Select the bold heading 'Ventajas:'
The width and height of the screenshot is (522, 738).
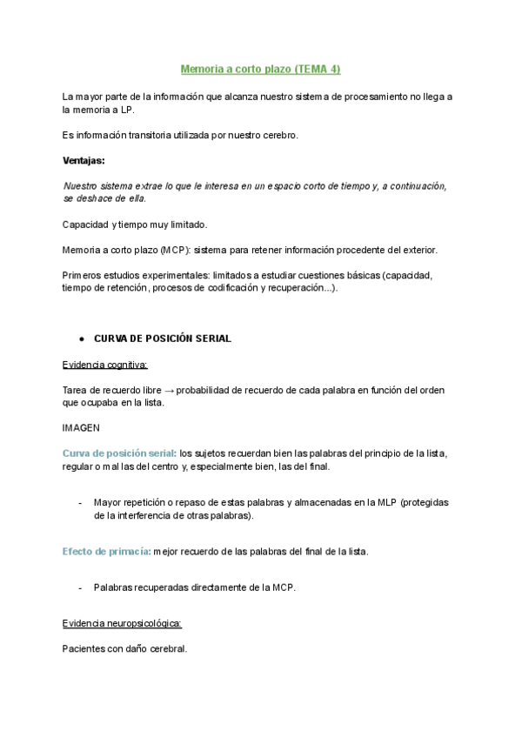(x=84, y=160)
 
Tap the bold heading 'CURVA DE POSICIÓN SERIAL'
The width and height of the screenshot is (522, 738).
(x=163, y=339)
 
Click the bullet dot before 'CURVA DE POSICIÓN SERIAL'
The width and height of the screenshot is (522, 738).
(x=81, y=339)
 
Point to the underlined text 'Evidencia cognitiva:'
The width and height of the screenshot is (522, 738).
(x=105, y=364)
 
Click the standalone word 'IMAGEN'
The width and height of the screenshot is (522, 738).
(x=82, y=428)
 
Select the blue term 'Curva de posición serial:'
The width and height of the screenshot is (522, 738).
(x=119, y=453)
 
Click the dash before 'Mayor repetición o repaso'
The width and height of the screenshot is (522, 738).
(x=81, y=503)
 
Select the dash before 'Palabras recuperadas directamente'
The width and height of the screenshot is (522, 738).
(x=81, y=587)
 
